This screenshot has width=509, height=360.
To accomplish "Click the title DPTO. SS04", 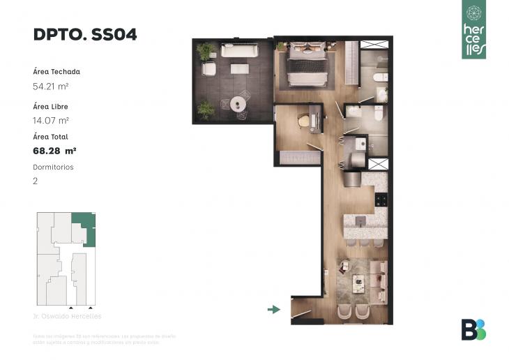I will coord(84,35).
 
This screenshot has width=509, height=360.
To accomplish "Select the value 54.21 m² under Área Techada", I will coord(51,87).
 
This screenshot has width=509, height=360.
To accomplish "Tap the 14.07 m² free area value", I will coord(50,121).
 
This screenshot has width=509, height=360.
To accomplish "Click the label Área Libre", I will coord(50,107).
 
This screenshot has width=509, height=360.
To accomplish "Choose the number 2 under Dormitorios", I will coord(36,181).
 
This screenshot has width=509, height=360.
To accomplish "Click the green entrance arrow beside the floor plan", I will coord(273,309).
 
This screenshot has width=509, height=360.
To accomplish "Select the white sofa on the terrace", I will coord(239,51).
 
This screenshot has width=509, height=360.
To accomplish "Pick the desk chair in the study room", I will coord(304,121).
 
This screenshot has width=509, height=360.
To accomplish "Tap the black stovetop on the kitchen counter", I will coord(381,200).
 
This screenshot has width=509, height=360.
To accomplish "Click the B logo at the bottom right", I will coord(473,329).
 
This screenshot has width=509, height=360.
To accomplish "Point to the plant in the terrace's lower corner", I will coord(206,110).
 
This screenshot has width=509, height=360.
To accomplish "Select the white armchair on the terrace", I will coord(209,69).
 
